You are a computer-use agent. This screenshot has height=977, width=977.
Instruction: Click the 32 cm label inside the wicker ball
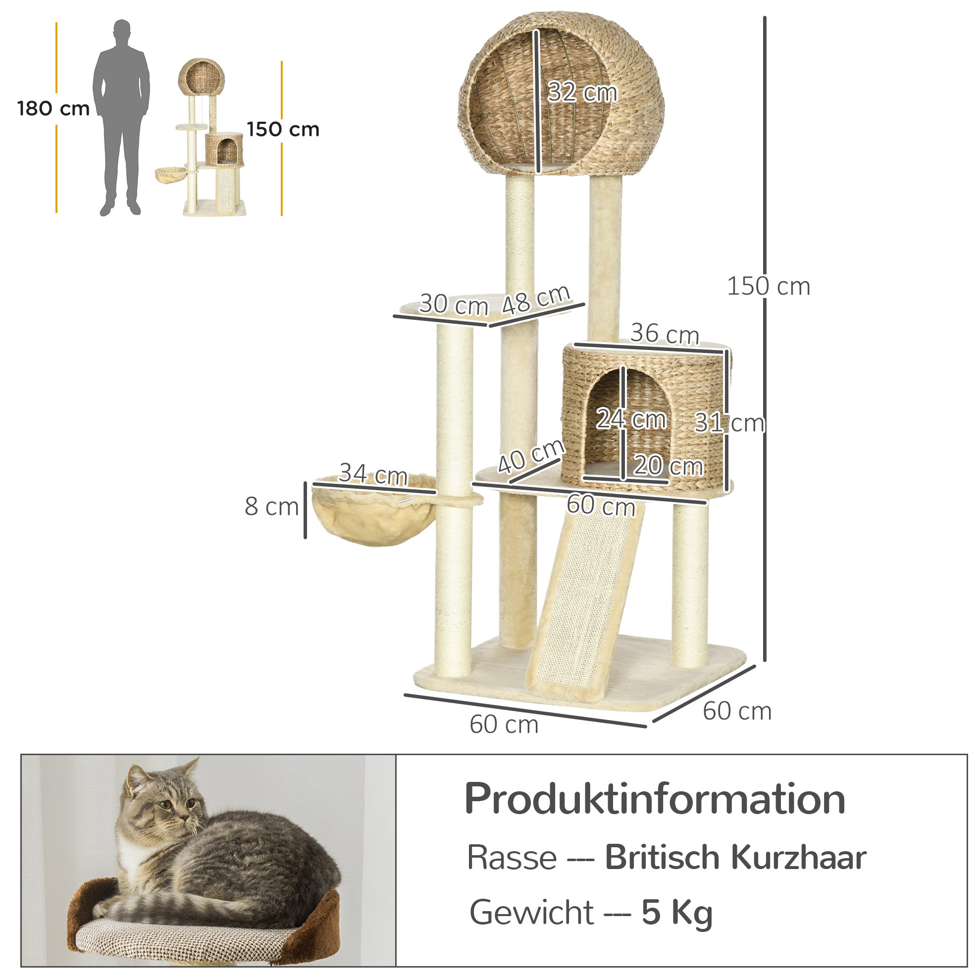click(x=582, y=93)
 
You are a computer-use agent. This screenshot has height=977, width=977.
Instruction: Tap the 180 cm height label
click(x=53, y=109)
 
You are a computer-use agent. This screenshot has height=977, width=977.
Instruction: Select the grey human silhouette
click(x=121, y=118)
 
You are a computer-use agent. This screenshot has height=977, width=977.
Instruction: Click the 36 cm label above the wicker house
click(x=665, y=334)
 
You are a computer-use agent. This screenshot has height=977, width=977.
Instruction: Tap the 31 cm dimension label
click(x=730, y=423)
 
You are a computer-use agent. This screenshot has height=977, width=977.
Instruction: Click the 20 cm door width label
click(x=668, y=465)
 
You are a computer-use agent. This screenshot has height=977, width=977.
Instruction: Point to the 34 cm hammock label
click(x=373, y=474)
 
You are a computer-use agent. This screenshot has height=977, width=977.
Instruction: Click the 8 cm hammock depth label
click(x=271, y=506)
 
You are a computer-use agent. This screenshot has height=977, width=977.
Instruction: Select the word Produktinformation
click(x=655, y=800)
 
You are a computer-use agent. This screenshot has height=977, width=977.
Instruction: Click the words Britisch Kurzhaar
click(x=736, y=858)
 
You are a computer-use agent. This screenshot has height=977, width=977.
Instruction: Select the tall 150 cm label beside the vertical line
click(x=768, y=286)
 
